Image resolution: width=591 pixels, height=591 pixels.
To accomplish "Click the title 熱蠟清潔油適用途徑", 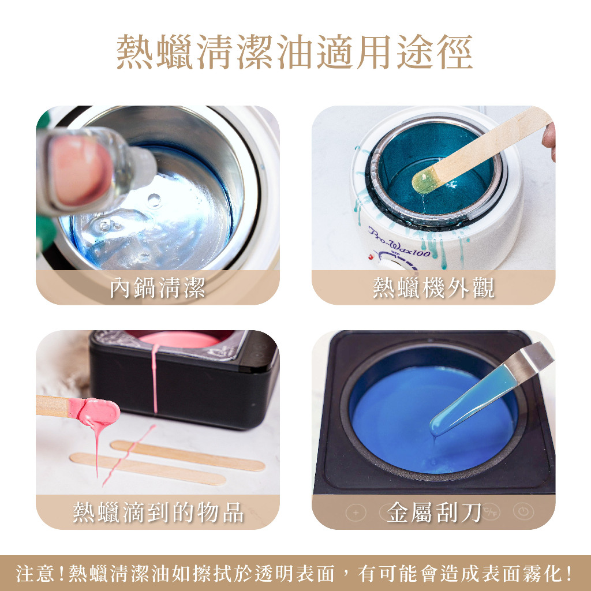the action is click(294, 52).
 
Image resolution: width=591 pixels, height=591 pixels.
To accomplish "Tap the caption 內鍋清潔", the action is click(158, 287).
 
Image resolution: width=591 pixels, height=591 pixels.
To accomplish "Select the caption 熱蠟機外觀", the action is click(433, 287).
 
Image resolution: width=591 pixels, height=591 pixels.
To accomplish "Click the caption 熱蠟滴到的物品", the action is click(158, 513).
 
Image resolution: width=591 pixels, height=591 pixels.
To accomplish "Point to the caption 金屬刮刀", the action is click(433, 513).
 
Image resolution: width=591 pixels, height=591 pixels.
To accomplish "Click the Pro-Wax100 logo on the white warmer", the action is click(399, 243).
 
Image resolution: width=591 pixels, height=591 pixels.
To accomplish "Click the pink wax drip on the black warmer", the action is click(155, 379).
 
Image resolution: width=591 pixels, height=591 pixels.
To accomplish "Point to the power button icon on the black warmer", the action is click(523, 511).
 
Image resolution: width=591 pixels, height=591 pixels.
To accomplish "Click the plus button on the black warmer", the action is click(356, 513).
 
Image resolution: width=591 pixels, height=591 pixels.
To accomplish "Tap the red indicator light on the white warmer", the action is click(371, 257).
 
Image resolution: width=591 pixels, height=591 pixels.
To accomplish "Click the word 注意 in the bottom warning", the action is click(36, 574).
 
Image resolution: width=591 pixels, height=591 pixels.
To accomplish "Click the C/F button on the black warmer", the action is click(491, 512).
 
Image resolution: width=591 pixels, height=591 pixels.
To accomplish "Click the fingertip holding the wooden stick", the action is click(549, 140).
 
